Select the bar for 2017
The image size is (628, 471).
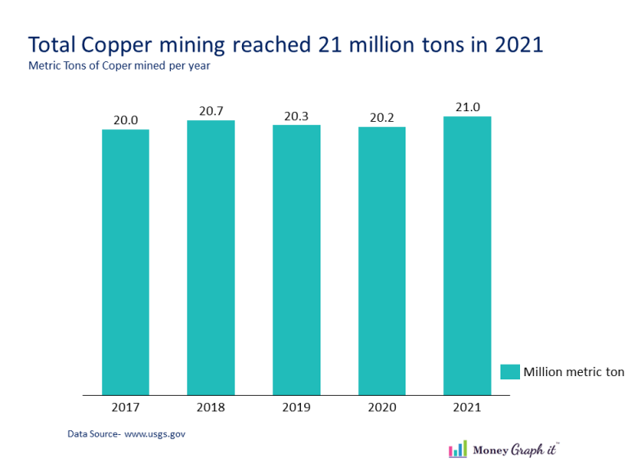125,262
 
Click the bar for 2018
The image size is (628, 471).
211,258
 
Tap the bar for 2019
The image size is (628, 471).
296,260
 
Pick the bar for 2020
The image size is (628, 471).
382,261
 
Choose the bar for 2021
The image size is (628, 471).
467,256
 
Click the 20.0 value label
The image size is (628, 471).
125,120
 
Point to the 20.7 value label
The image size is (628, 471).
211,111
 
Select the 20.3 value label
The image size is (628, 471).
296,116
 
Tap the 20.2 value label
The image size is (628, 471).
382,118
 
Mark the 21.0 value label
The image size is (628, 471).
467,107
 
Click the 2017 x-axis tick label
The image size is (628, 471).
125,406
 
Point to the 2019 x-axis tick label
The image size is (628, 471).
296,406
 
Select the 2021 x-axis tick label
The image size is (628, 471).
467,406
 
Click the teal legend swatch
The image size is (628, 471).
509,372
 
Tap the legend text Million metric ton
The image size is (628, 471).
573,372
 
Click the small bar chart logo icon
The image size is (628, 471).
458,449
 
